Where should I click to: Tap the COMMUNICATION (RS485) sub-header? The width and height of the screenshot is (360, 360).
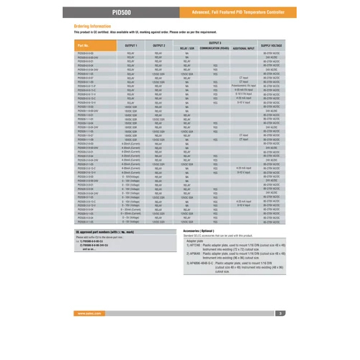tap(215, 48)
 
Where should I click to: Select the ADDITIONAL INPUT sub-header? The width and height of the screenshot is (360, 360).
tap(243, 48)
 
